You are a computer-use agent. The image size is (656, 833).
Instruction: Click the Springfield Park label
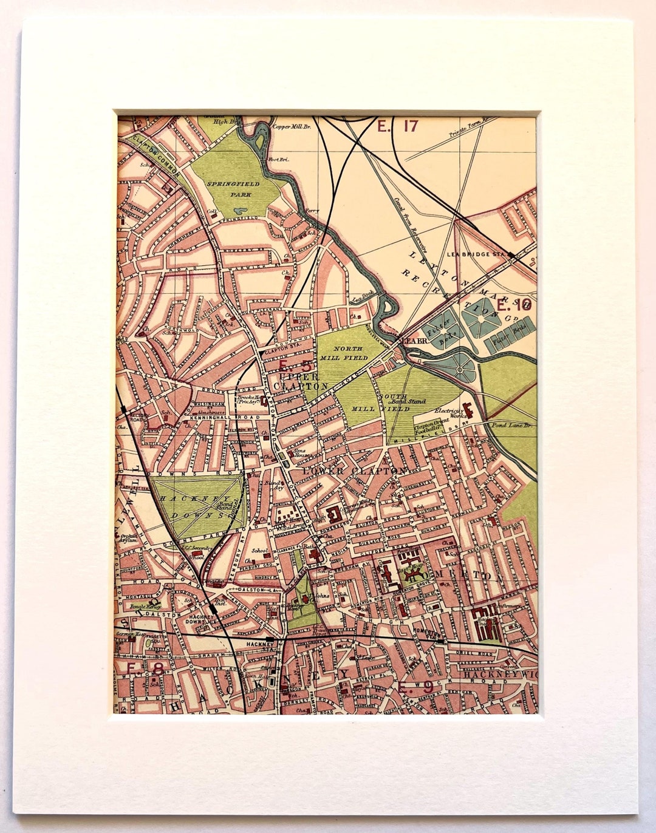[x=233, y=189]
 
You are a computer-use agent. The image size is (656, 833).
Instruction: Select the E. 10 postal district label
[x=514, y=305]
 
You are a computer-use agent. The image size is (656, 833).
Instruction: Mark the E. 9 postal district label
[x=416, y=688]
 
